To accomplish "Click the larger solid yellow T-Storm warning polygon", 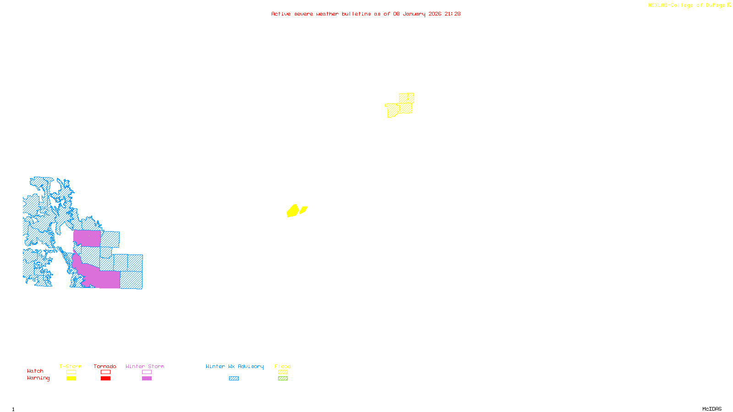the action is [x=292, y=211].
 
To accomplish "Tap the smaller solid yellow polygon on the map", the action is [x=303, y=210].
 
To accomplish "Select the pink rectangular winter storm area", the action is [x=87, y=239].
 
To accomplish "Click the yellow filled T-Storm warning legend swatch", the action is [x=71, y=379].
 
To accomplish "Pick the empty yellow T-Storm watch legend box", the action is [x=71, y=372].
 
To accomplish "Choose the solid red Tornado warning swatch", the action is [x=105, y=379].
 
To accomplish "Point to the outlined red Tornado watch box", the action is [x=105, y=372].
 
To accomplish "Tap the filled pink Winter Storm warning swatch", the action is [x=147, y=379].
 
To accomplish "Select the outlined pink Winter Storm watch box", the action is [x=147, y=372].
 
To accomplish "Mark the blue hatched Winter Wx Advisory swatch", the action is [x=234, y=379].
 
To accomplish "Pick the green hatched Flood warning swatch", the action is [x=283, y=379].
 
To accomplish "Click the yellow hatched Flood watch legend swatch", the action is [x=283, y=372].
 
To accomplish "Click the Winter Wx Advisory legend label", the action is [x=235, y=366].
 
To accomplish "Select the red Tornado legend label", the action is [x=105, y=366].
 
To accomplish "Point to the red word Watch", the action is [x=35, y=371].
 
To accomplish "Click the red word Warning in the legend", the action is [x=38, y=378].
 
